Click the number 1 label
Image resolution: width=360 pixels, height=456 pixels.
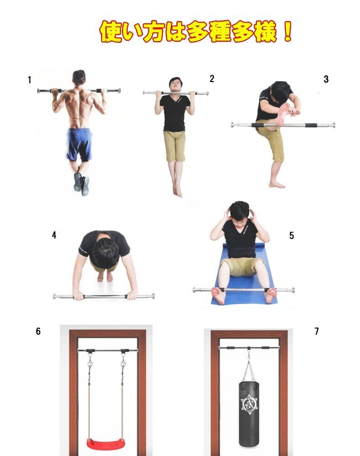[29, 80]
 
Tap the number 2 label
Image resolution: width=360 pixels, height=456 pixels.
[212, 78]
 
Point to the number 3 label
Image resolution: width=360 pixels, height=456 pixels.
[326, 79]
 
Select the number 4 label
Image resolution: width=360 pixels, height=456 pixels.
[54, 235]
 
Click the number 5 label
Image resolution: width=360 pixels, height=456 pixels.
[292, 235]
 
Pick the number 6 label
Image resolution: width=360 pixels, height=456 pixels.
[38, 331]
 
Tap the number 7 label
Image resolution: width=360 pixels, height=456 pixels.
[317, 331]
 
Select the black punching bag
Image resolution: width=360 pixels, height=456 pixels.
[249, 414]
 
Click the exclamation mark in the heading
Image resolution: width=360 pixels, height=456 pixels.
[287, 31]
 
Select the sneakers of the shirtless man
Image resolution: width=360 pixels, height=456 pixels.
[81, 183]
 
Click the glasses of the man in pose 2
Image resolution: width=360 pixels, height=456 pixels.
[176, 83]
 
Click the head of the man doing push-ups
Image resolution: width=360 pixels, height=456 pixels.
[105, 253]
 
